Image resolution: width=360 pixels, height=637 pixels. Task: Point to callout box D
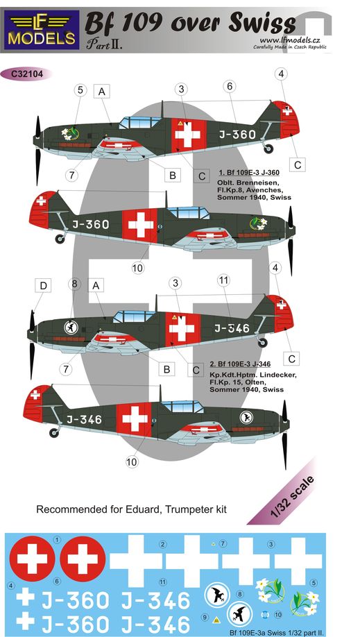click(x=43, y=286)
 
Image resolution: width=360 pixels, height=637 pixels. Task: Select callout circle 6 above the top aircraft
click(x=230, y=86)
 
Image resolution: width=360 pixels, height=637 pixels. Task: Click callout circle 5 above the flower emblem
click(x=80, y=90)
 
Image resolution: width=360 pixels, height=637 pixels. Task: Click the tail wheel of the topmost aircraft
click(x=268, y=149)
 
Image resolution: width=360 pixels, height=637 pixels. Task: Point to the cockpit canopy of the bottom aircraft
click(x=182, y=406)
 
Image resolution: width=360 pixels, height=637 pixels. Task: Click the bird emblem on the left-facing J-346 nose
click(x=71, y=328)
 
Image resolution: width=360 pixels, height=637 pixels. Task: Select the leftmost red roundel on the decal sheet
click(x=32, y=559)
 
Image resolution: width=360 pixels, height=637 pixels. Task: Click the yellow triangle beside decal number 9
click(x=216, y=620)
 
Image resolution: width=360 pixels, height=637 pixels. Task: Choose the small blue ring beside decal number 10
click(x=266, y=614)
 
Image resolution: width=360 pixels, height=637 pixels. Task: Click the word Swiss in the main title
click(x=262, y=24)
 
